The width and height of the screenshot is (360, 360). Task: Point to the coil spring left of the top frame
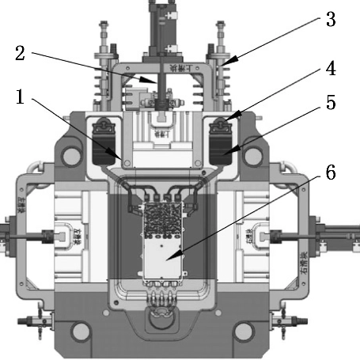[100, 84]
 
